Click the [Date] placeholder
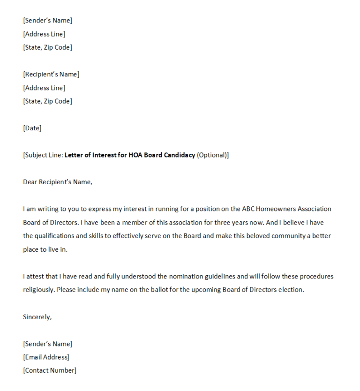coord(32,128)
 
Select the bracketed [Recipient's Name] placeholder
coord(51,75)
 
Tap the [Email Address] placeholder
coord(46,357)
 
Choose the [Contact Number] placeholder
coord(50,370)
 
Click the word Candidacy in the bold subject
coord(180,155)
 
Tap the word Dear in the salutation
coord(30,182)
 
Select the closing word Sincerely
coord(37,317)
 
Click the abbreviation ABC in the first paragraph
coord(249,209)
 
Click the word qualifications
coord(55,236)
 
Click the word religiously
coord(38,290)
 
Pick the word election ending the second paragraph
coord(290,290)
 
